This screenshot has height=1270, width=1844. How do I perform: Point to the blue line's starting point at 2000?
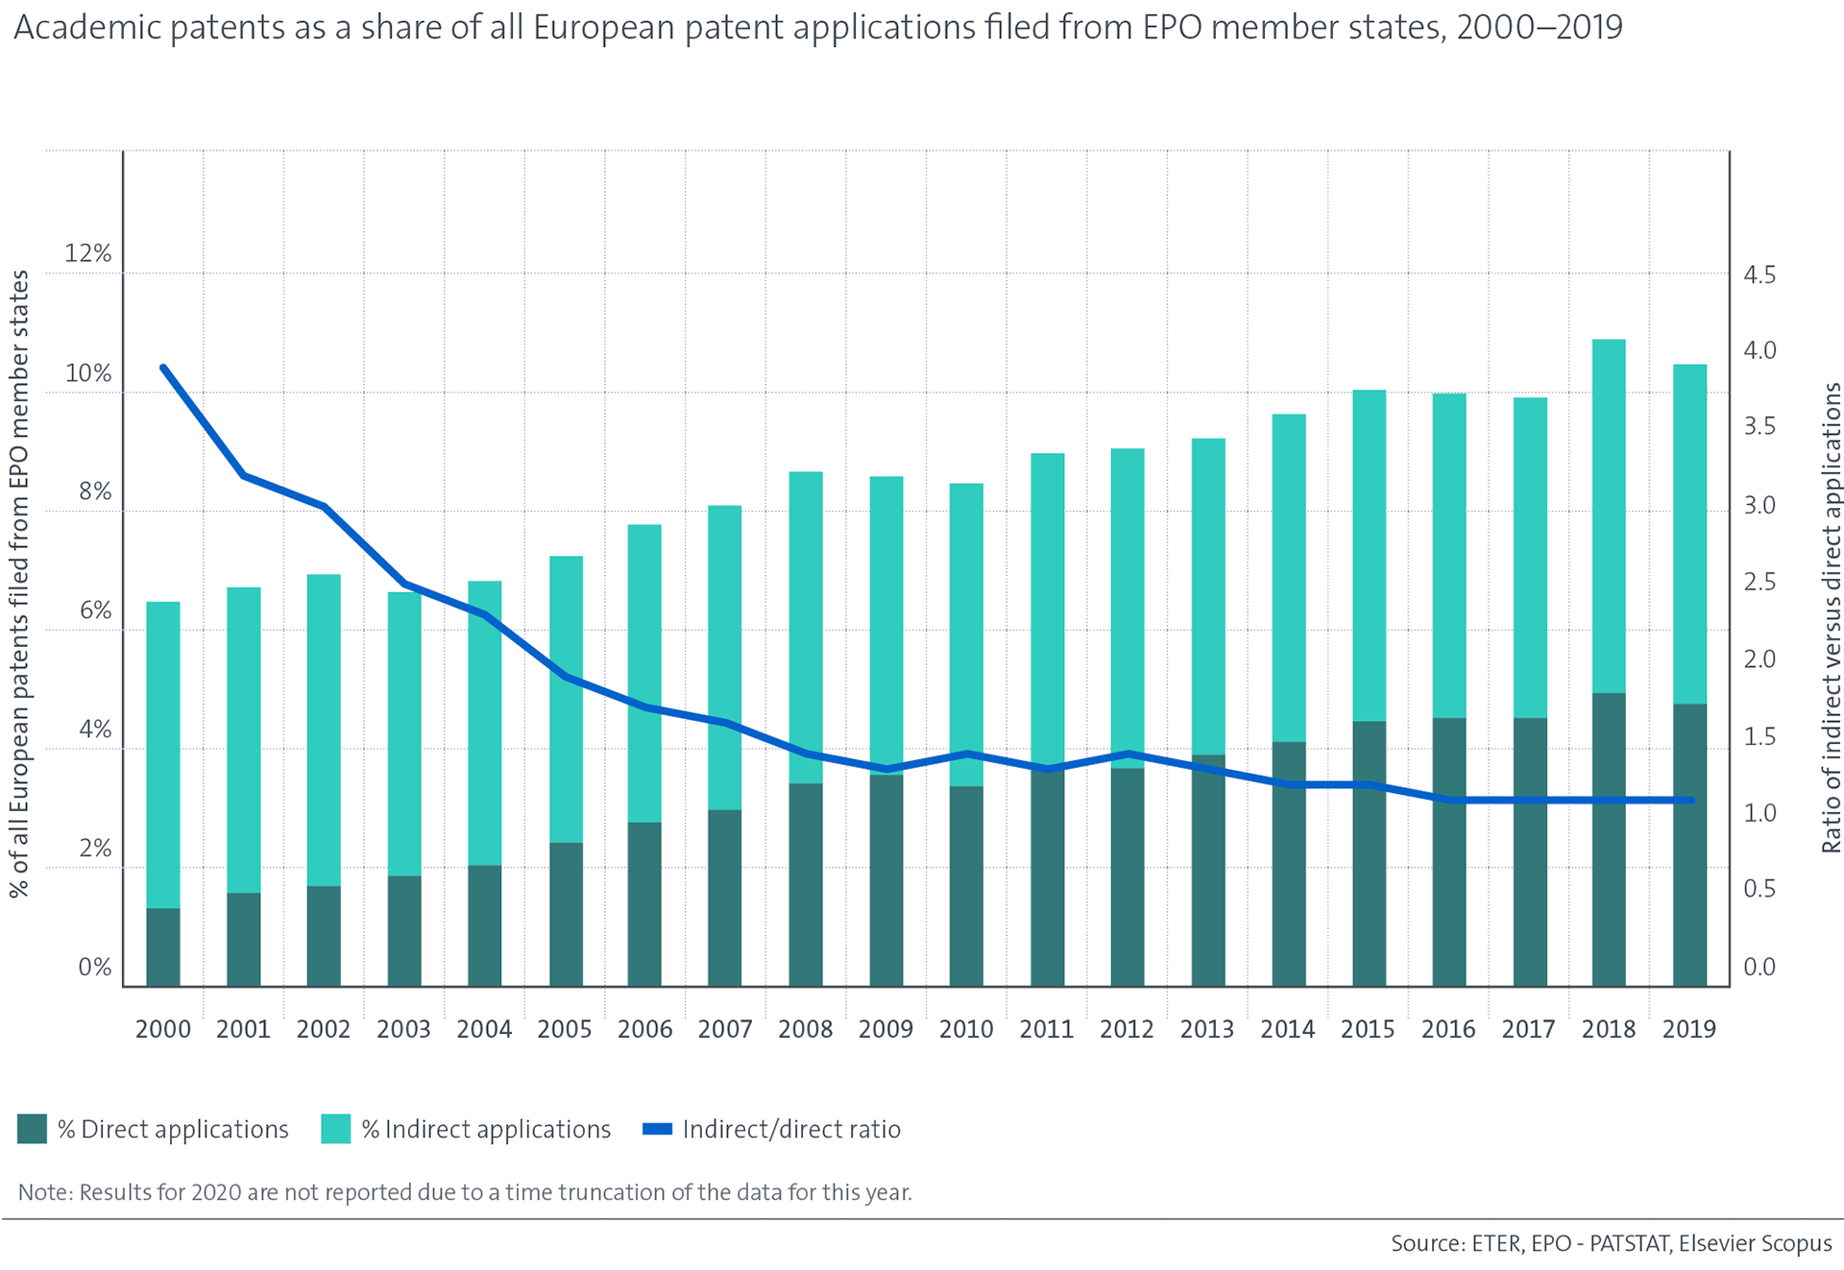[163, 368]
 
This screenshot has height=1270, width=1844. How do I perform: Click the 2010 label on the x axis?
[965, 1029]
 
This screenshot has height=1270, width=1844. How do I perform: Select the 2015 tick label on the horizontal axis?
[1368, 1029]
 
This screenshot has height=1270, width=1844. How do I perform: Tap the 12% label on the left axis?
[87, 253]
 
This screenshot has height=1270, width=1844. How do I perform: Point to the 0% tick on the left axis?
[94, 967]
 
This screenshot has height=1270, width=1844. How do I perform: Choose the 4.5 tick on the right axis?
[1759, 276]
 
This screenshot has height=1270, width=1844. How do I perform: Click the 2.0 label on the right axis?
[1759, 659]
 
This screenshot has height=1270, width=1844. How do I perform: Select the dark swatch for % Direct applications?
[33, 1129]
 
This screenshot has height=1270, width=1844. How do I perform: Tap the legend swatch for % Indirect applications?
[336, 1129]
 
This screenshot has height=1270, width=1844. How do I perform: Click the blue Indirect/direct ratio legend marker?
[657, 1129]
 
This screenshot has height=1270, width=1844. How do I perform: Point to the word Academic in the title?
[87, 28]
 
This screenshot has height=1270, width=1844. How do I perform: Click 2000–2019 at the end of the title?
[1539, 28]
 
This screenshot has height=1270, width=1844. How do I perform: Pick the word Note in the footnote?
[44, 1192]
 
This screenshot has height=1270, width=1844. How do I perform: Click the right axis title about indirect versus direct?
[1832, 617]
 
